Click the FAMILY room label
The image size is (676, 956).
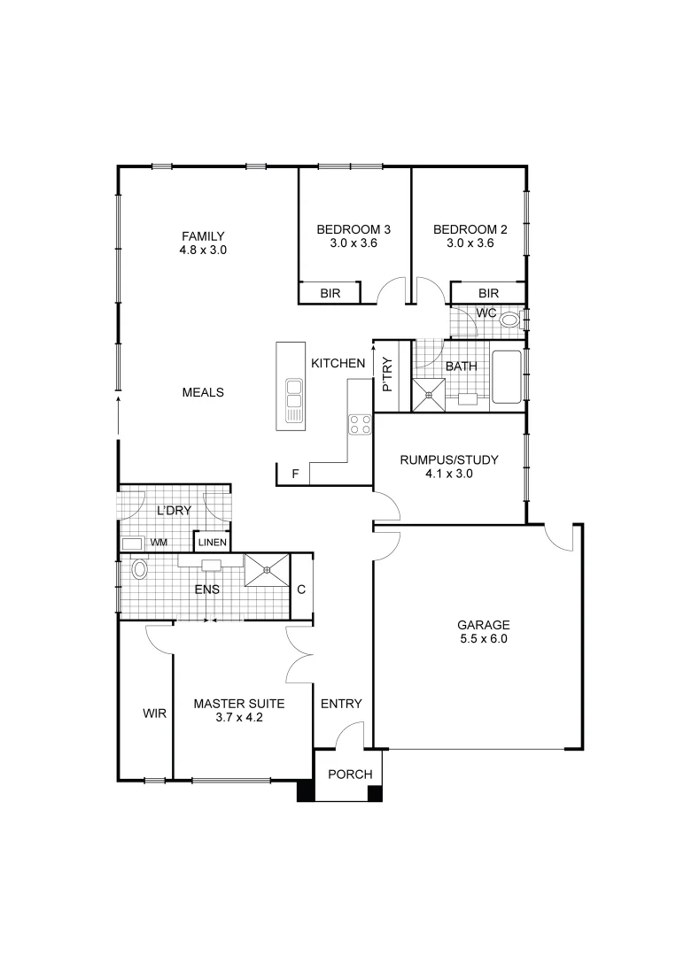coord(203,235)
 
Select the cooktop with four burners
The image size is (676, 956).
coord(360,424)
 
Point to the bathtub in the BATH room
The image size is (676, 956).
coord(506,378)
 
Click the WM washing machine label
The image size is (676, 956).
coord(159,543)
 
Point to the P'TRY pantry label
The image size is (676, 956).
coord(387,375)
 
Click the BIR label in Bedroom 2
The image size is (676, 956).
coord(488,293)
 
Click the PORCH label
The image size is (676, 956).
coord(350,775)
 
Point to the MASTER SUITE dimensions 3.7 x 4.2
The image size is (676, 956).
coord(239,719)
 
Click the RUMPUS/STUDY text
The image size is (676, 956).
coord(449,459)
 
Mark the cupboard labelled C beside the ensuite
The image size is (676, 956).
coord(301,589)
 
